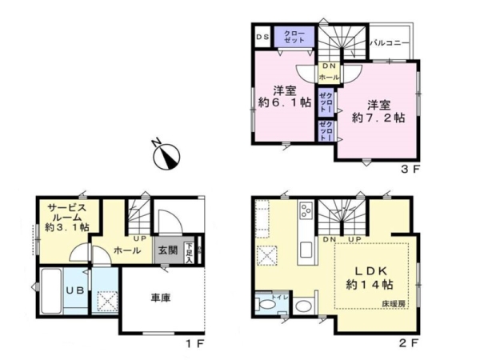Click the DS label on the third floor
click(262, 36)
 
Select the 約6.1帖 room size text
click(284, 106)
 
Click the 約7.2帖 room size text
click(378, 117)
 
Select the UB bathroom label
click(74, 290)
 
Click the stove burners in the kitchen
click(307, 212)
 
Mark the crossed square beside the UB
click(106, 302)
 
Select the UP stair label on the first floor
click(138, 238)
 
